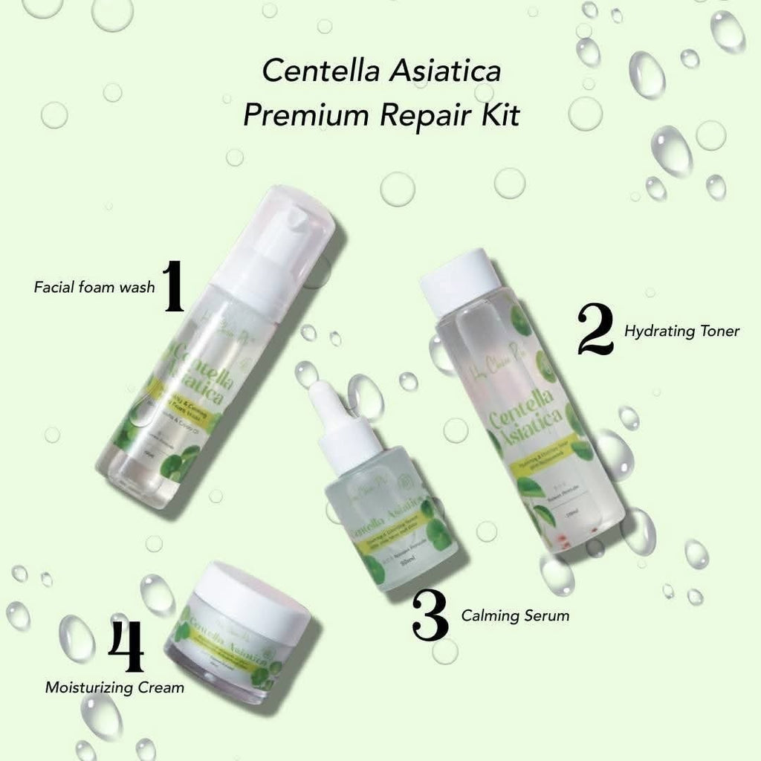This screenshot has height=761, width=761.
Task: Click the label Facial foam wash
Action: pyautogui.click(x=94, y=287)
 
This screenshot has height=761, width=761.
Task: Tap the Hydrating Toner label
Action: pyautogui.click(x=681, y=331)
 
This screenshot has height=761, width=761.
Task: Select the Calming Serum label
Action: pyautogui.click(x=515, y=615)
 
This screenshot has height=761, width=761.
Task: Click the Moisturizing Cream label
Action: pyautogui.click(x=114, y=687)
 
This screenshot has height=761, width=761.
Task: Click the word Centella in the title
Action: pyautogui.click(x=310, y=73)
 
